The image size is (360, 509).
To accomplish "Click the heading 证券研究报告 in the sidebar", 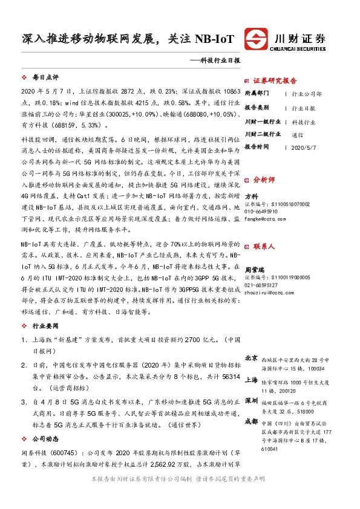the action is click(275, 80).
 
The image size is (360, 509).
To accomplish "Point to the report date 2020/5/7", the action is click(304, 147).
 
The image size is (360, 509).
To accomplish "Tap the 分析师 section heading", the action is click(264, 180).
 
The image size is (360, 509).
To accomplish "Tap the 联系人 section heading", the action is click(264, 246).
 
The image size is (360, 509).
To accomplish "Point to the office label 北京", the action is click(252, 358).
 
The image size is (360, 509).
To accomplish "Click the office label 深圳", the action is click(252, 401).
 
